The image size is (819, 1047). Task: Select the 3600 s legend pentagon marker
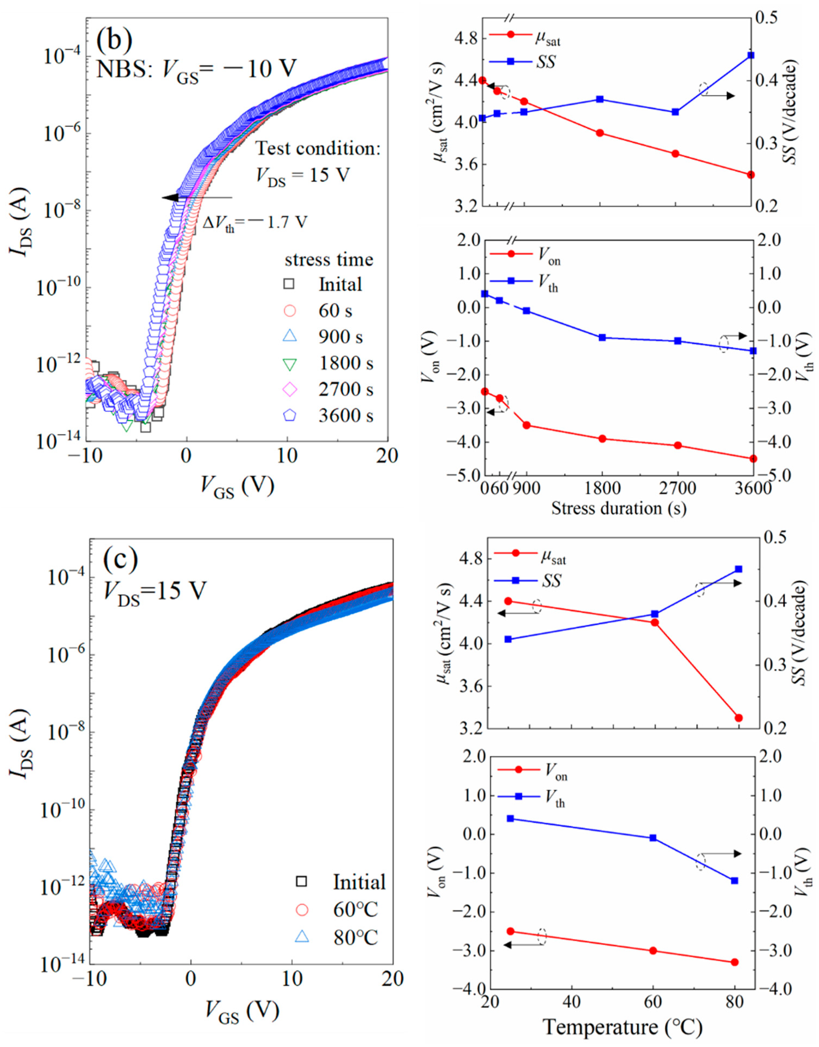tap(289, 415)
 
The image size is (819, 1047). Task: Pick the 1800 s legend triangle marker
tap(289, 363)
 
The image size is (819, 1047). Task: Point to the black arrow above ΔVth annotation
tap(197, 197)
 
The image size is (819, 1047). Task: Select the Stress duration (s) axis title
tap(619, 508)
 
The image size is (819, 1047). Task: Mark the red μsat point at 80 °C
tap(739, 718)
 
